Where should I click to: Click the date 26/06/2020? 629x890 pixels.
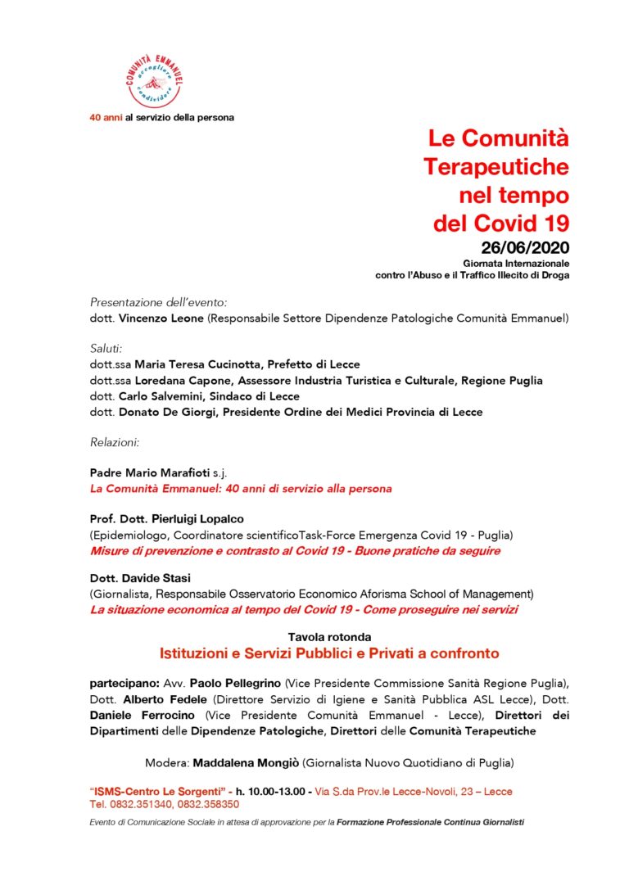(x=525, y=247)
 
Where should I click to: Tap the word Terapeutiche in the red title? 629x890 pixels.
(x=496, y=167)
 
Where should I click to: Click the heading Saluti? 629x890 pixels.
(x=106, y=349)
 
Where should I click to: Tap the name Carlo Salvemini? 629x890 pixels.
(x=164, y=396)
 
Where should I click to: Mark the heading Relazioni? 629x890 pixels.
(x=115, y=443)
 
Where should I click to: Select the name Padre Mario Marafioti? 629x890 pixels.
(x=147, y=473)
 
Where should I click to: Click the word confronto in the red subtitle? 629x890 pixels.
(x=457, y=654)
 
